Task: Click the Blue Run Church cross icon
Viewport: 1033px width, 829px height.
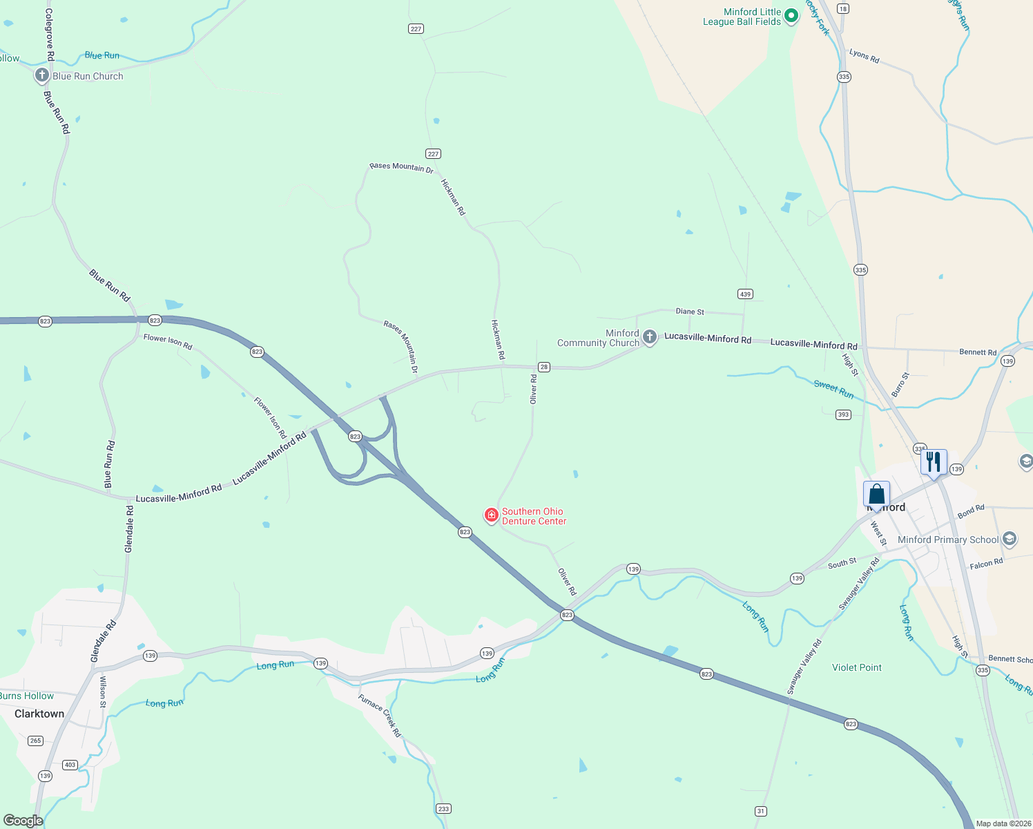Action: tap(42, 75)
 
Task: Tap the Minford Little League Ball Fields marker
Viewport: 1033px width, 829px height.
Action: tap(791, 15)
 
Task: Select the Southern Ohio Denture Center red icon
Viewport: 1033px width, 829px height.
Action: tap(491, 515)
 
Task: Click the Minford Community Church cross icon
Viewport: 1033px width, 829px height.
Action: tap(649, 337)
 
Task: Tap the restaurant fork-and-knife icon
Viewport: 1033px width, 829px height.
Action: tap(934, 461)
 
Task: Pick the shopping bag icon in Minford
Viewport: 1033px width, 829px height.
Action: tap(876, 495)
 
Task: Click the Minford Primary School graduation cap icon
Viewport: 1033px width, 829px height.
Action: tap(1010, 539)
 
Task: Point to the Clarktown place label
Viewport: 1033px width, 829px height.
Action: tap(39, 714)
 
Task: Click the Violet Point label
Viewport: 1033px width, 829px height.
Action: tap(856, 667)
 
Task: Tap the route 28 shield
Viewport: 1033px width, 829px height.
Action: tap(544, 367)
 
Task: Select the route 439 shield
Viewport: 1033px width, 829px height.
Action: tap(744, 294)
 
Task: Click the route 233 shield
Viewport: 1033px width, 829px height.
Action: tap(443, 808)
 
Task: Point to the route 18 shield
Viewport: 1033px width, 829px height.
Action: tap(842, 8)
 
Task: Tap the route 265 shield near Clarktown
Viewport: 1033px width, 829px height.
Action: tap(36, 741)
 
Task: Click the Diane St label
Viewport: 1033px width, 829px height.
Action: tap(690, 312)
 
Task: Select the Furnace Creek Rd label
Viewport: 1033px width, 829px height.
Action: tap(379, 716)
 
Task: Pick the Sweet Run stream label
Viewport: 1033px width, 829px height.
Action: tap(833, 389)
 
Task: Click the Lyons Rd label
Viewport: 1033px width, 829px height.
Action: tap(864, 56)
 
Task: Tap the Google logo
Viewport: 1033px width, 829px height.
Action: tap(23, 820)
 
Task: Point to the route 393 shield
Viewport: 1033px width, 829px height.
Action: tap(843, 414)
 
